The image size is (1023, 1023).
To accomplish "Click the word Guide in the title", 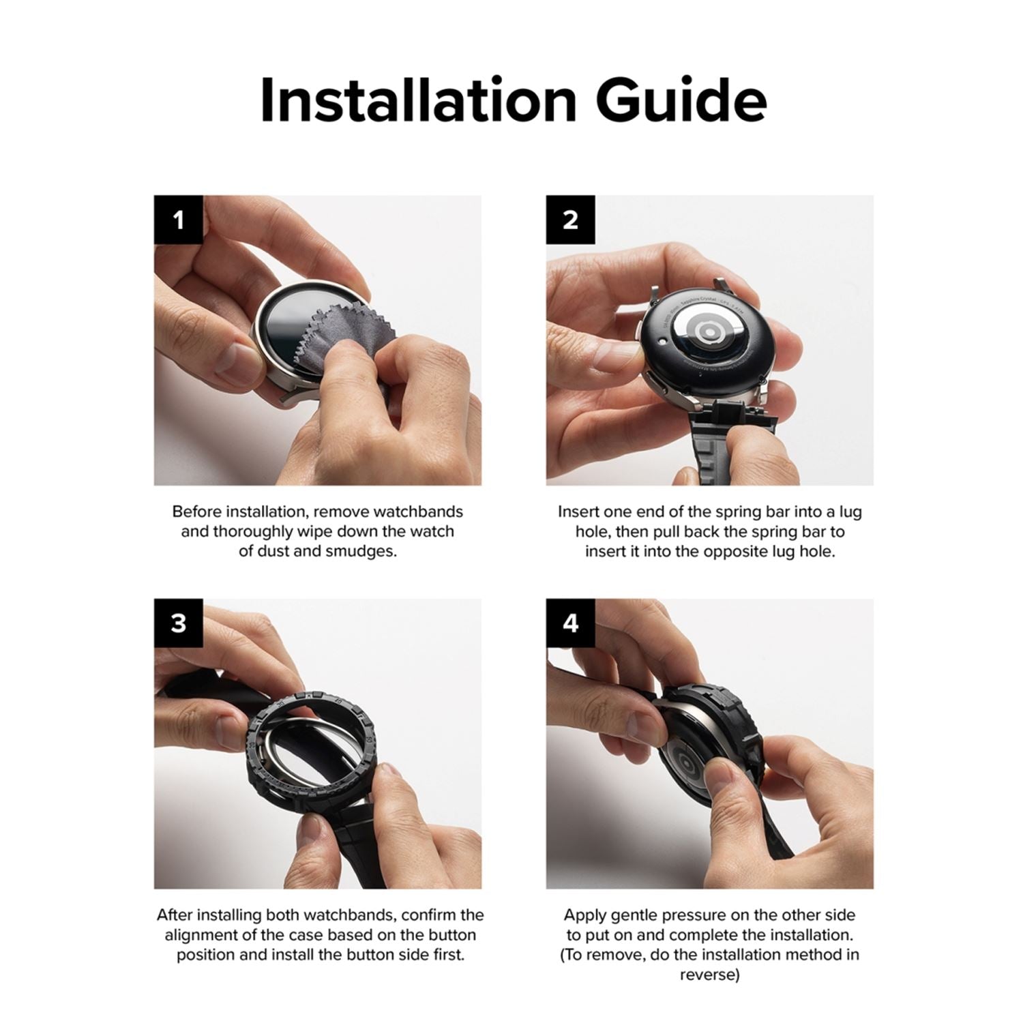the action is pyautogui.click(x=681, y=101).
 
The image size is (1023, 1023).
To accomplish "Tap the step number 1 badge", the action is pyautogui.click(x=179, y=220).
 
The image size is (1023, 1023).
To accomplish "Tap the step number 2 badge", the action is pyautogui.click(x=571, y=220).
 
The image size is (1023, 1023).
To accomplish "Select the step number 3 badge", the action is pyautogui.click(x=179, y=623).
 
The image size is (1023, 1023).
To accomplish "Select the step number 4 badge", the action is pyautogui.click(x=571, y=623).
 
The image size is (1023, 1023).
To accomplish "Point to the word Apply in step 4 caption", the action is pyautogui.click(x=583, y=915).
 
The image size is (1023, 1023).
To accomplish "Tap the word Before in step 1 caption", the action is pyautogui.click(x=196, y=512).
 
